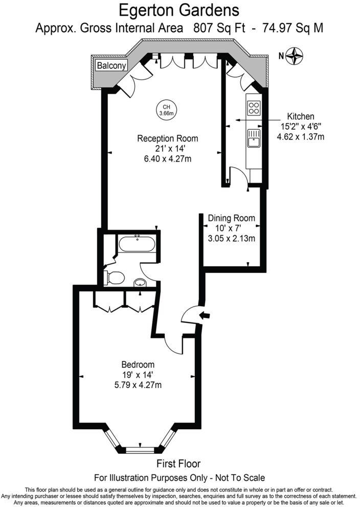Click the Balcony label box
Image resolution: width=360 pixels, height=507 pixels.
tap(111, 65)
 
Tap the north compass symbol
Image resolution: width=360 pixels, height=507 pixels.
tap(295, 55)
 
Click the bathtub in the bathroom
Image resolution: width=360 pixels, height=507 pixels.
tap(137, 243)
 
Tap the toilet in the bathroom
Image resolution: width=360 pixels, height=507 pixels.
tap(115, 278)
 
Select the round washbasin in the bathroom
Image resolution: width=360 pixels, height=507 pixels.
tap(140, 282)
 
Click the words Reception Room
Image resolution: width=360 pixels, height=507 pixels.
tap(167, 139)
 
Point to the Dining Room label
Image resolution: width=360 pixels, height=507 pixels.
tap(231, 218)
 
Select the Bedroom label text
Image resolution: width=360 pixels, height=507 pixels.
tap(138, 364)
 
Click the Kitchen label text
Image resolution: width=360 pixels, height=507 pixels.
tap(300, 117)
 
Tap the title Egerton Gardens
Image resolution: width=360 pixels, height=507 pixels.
tap(179, 10)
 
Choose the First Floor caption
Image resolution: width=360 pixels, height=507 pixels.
tap(178, 464)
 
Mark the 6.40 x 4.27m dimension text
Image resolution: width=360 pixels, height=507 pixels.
tap(167, 158)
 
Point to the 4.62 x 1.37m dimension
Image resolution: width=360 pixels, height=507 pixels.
tap(300, 136)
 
